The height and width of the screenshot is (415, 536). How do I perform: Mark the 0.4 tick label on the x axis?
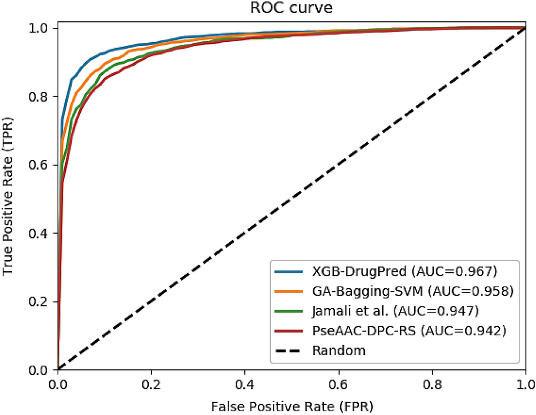(x=245, y=383)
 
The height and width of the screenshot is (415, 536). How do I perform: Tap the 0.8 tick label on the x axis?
(x=432, y=383)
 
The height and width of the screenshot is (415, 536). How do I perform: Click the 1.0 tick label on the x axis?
(x=525, y=383)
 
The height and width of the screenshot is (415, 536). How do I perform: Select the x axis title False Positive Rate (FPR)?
(x=292, y=405)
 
